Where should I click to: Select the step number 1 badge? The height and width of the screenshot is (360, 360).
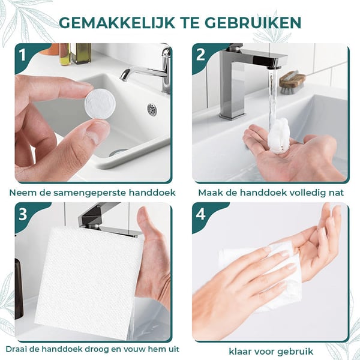pos(23,56)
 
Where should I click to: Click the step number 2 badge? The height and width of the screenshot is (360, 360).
pos(200,56)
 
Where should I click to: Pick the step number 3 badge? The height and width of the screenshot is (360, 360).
pos(23,214)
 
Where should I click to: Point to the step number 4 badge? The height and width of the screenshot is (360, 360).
pos(200,214)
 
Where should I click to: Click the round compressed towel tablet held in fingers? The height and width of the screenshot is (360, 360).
pos(100,104)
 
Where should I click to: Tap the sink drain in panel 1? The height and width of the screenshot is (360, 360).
pos(152,109)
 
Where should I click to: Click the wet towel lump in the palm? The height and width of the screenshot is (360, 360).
pos(278,137)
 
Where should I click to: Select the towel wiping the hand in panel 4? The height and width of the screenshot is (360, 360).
pos(264,273)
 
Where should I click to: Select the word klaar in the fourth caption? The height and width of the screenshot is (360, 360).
pos(242,351)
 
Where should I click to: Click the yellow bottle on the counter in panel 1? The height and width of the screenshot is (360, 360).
pos(64,54)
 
